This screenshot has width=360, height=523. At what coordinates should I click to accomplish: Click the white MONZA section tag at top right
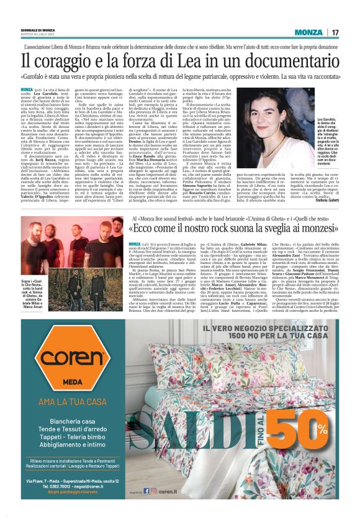point(310,32)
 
